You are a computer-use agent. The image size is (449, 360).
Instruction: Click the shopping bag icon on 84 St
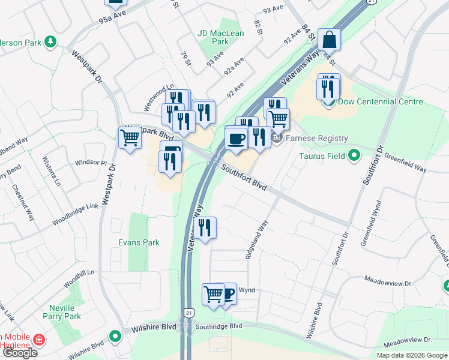330,40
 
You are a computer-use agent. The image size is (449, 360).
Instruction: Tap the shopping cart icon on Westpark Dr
130,139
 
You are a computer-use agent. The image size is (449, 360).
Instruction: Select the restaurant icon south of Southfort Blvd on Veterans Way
205,228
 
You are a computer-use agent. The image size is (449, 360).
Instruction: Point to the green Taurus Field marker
354,156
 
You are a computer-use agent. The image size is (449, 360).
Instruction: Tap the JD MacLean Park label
221,38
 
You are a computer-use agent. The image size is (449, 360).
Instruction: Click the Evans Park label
139,242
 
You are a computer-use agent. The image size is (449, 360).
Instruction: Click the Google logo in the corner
19,353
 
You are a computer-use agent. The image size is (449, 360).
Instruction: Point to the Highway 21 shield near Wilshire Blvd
190,313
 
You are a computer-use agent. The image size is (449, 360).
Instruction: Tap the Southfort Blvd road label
243,178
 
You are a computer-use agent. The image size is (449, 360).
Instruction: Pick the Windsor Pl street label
90,163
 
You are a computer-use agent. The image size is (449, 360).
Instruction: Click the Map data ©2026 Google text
411,355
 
